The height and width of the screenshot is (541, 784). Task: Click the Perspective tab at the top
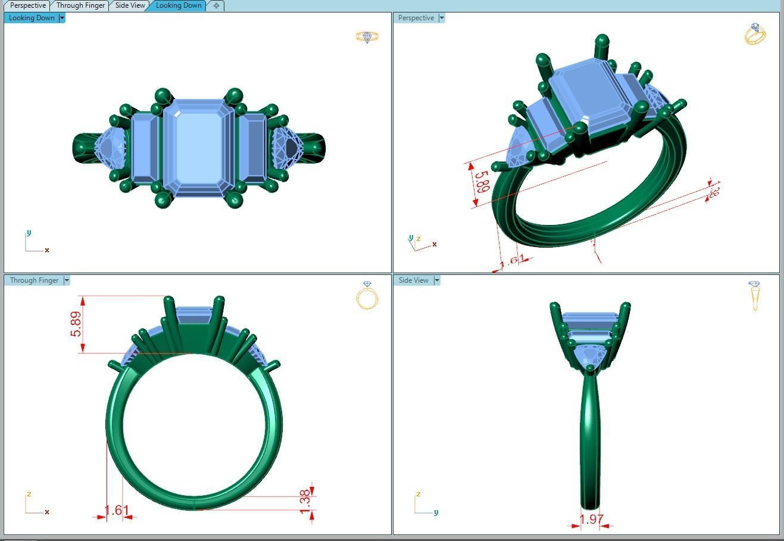[27, 5]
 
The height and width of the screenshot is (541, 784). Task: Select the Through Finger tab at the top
[80, 5]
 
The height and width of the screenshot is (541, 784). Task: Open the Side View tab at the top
[130, 5]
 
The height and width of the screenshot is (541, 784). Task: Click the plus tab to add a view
[216, 5]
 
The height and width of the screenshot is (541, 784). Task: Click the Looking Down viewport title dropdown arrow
[62, 18]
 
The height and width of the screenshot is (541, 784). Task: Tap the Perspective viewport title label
[416, 18]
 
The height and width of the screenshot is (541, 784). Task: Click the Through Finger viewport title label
[34, 280]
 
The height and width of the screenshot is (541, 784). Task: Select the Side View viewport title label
[413, 280]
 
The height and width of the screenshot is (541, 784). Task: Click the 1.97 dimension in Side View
[591, 520]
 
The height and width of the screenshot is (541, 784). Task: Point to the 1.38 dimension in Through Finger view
[305, 503]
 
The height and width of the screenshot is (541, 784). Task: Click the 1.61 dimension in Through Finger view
[116, 511]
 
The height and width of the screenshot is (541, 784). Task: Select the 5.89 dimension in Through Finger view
[76, 324]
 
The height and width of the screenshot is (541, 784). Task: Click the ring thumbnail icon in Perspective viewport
[755, 34]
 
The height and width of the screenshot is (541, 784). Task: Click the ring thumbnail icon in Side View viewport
[754, 295]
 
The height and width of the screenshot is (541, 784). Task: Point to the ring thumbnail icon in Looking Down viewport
[367, 37]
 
